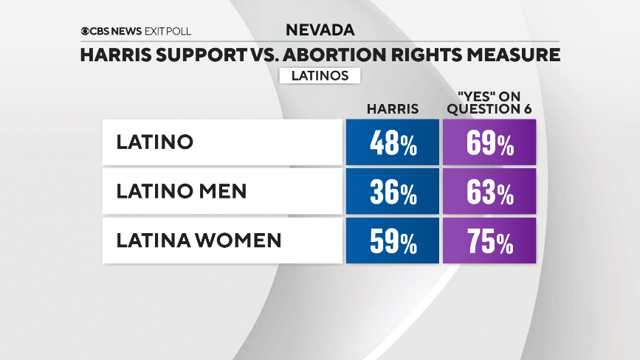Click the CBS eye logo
coord(86,31)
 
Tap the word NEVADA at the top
coord(320,30)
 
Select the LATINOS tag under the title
coord(320,75)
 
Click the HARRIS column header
coord(392,108)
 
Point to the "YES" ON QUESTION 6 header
coord(489,103)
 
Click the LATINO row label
coord(154,142)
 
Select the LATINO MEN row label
coord(181,191)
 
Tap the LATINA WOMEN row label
coord(199,240)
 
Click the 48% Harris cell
coord(392,142)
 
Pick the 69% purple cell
coord(489,142)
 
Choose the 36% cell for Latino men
coord(392,191)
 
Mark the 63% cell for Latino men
coord(489,191)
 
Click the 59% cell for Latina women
coord(392,240)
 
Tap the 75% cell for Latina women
coord(489,240)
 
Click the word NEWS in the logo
coord(120,31)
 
